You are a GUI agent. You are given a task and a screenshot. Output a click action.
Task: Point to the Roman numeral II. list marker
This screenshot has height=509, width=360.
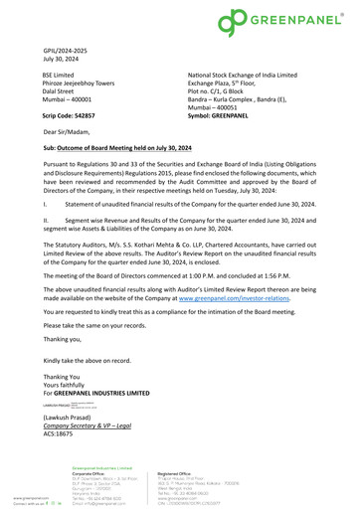(x=47, y=218)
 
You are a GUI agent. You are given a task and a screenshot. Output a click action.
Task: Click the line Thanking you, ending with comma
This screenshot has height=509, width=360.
(x=65, y=337)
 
